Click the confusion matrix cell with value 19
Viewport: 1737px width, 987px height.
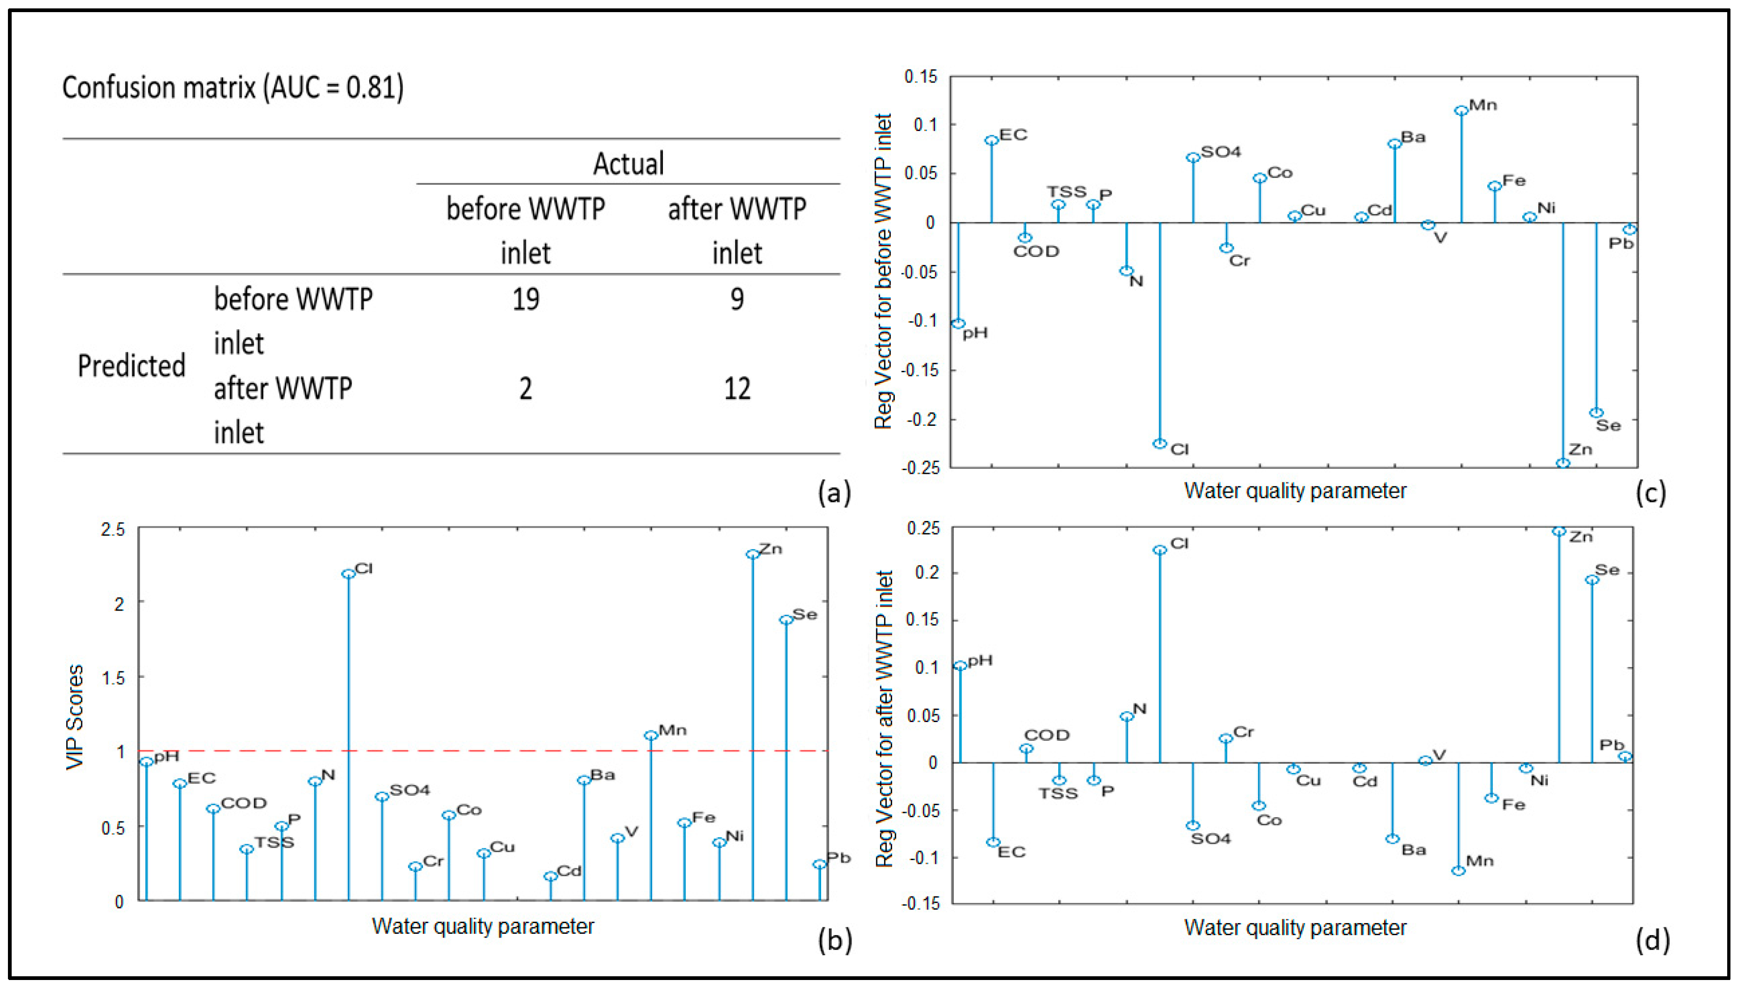pyautogui.click(x=526, y=299)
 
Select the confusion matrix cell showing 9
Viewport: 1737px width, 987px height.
pyautogui.click(x=737, y=299)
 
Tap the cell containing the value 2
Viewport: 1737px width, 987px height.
pyautogui.click(x=526, y=389)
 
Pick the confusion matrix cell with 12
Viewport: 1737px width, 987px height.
pyautogui.click(x=737, y=389)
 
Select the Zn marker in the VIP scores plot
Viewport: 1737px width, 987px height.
pyautogui.click(x=752, y=554)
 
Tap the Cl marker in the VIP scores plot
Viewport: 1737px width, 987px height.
pyautogui.click(x=348, y=573)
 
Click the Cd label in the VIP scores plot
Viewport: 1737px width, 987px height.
pyautogui.click(x=569, y=871)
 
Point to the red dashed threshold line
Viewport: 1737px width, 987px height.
pyautogui.click(x=475, y=751)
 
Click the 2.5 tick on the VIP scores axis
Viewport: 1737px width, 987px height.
pyautogui.click(x=113, y=529)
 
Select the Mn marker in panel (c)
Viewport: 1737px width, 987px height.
pyautogui.click(x=1461, y=111)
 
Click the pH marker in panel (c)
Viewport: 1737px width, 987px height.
pyautogui.click(x=958, y=323)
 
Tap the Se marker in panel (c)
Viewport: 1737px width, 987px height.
pyautogui.click(x=1596, y=413)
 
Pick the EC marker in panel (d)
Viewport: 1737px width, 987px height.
pyautogui.click(x=993, y=842)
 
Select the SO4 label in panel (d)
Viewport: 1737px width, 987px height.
pyautogui.click(x=1211, y=839)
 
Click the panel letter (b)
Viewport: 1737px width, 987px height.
pyautogui.click(x=834, y=940)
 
